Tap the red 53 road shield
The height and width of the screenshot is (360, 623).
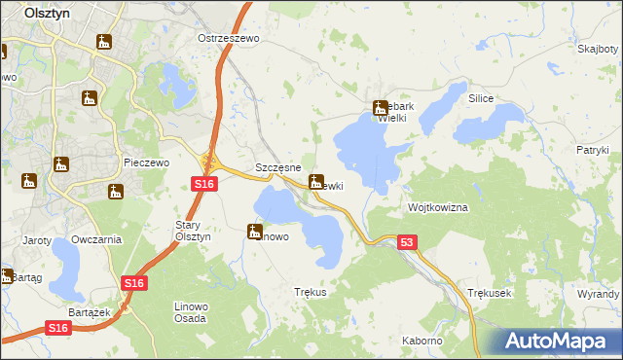[x=407, y=242]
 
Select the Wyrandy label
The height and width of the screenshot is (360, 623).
[x=598, y=293]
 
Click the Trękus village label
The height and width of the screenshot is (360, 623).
[x=310, y=292]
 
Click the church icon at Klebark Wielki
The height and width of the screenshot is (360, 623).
[x=380, y=109]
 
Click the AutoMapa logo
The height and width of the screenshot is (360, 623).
[x=561, y=342]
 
